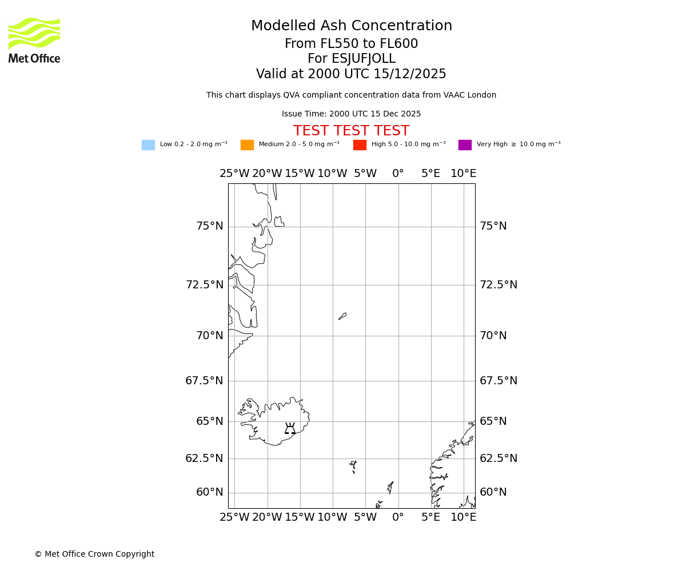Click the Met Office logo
point(34,40)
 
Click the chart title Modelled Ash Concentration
point(351,26)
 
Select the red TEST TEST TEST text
point(351,131)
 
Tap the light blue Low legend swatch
point(148,145)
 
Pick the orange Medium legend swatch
point(247,145)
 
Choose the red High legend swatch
point(360,145)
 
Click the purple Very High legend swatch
point(465,145)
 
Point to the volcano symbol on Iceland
point(290,429)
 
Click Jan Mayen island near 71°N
point(342,316)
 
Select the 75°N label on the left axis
point(210,226)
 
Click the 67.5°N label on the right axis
point(498,381)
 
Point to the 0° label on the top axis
point(398,174)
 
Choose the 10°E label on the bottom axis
point(463,517)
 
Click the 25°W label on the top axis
point(234,174)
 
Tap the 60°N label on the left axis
point(210,492)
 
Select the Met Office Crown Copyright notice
point(94,554)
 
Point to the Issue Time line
point(351,114)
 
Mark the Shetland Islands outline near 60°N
point(390,487)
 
